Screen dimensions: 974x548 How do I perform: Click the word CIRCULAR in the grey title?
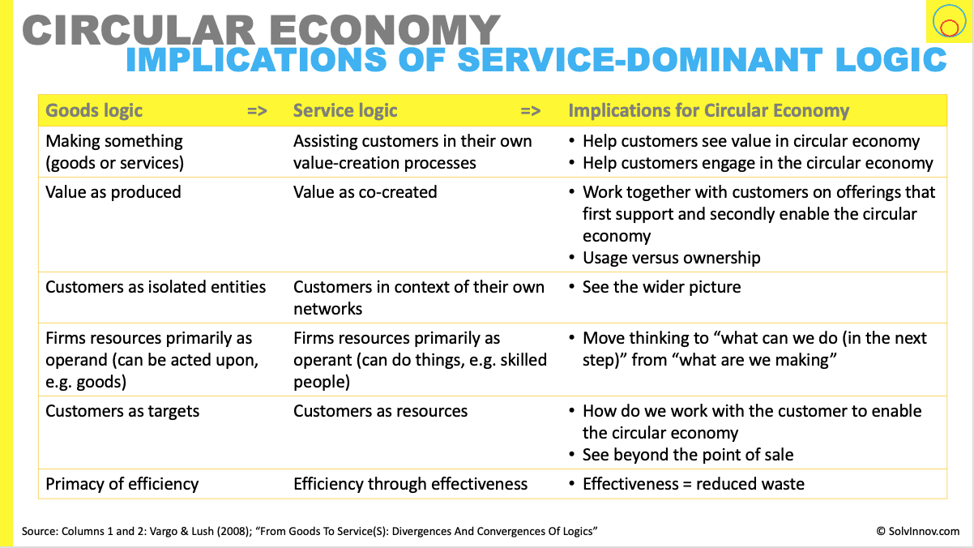[x=139, y=30]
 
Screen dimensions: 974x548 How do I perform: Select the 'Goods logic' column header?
[x=94, y=110]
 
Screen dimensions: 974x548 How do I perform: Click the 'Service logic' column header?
[x=345, y=110]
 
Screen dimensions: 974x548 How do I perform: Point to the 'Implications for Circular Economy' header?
[x=709, y=110]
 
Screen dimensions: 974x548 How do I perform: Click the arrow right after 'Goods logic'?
[x=257, y=111]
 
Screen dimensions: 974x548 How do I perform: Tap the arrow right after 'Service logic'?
[x=531, y=111]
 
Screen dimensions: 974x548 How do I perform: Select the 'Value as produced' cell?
[x=113, y=192]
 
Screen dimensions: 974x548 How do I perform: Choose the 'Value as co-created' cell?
[x=365, y=192]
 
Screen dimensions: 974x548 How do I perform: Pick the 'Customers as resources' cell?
[x=381, y=411]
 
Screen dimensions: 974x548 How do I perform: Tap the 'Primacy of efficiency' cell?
[x=122, y=484]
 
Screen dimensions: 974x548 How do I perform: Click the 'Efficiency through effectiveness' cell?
[x=411, y=484]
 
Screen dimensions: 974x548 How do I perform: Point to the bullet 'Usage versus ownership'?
[x=672, y=258]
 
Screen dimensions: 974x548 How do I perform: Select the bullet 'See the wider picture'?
[x=661, y=287]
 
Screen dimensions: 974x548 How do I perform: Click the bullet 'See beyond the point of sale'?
[x=688, y=455]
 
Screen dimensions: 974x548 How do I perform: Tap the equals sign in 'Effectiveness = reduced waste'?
[x=687, y=485]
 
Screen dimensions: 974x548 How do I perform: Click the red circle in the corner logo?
[x=950, y=28]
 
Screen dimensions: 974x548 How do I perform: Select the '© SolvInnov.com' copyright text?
[x=918, y=531]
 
